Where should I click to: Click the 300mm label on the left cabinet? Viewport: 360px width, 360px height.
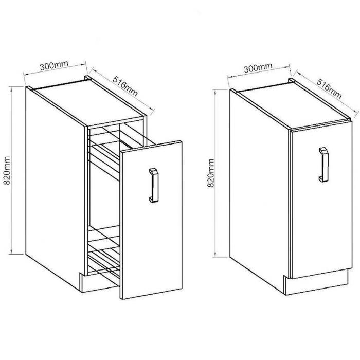(54, 65)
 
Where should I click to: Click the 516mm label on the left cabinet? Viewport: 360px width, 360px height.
(125, 86)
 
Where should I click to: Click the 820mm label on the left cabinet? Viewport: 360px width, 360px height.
(7, 170)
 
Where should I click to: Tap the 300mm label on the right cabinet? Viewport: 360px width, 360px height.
(258, 68)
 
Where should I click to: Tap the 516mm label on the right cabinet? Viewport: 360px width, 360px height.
(329, 88)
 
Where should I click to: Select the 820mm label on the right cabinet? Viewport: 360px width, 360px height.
(210, 173)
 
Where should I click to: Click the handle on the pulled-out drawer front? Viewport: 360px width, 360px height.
(154, 185)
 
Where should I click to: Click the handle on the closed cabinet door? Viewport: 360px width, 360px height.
(323, 165)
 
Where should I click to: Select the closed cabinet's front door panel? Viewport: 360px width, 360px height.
(321, 200)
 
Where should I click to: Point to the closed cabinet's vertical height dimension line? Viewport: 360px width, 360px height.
(215, 173)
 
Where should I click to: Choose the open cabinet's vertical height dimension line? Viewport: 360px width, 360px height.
(11, 170)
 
